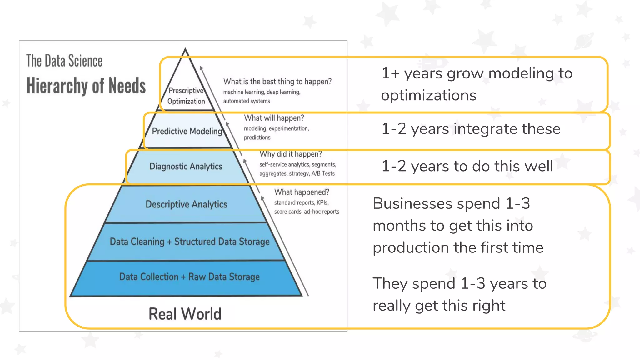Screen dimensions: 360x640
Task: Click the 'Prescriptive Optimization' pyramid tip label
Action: [x=186, y=96]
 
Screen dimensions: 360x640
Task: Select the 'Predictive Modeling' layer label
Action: [x=187, y=131]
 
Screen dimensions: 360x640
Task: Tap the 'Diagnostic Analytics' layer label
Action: [x=186, y=167]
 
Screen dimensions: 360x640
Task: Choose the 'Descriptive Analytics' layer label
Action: [x=187, y=204]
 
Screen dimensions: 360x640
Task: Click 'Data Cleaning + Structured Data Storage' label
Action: [x=190, y=242]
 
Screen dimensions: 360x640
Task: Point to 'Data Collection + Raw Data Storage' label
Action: [x=189, y=277]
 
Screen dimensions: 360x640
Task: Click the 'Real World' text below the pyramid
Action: [x=185, y=314]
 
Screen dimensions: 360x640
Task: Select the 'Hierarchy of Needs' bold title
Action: [x=86, y=86]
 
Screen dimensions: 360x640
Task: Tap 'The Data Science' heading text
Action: [x=64, y=61]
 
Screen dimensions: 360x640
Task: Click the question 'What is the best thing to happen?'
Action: [x=277, y=82]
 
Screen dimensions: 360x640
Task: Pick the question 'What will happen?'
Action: [x=274, y=118]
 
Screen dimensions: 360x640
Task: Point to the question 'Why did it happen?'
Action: [x=291, y=154]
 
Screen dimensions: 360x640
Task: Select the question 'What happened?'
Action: [x=302, y=192]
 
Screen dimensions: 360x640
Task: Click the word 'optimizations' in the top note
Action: [x=428, y=95]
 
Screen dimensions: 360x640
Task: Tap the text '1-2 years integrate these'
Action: [x=471, y=129]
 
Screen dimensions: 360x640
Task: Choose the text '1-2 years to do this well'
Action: [x=467, y=166]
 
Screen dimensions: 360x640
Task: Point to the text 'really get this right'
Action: [x=439, y=306]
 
